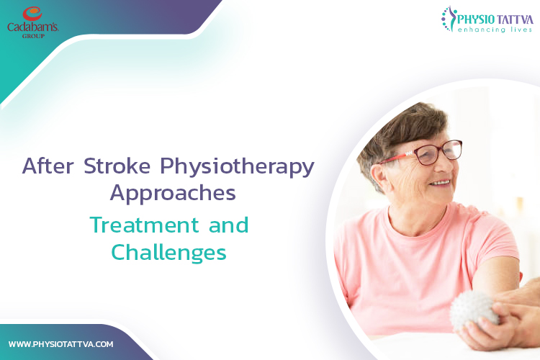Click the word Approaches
[x=172, y=194]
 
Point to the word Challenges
[x=168, y=253]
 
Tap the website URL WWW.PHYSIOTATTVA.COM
[x=60, y=344]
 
